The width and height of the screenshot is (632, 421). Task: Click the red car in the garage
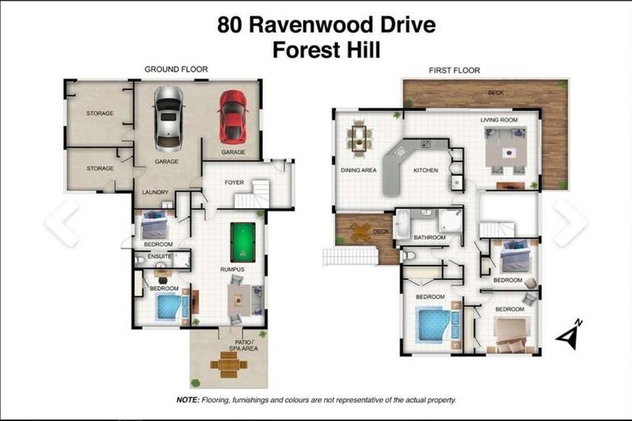coord(233,117)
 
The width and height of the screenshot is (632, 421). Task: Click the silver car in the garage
coord(168,118)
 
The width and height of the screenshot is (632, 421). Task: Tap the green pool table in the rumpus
coord(244,242)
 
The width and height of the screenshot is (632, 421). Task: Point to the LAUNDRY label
coord(155,192)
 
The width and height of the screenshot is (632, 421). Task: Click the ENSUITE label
coord(160,257)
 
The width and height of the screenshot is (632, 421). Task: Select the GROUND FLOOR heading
coord(176,70)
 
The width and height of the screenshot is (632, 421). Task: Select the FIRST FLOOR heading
coord(454,71)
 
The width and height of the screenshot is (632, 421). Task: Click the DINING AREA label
coord(358,170)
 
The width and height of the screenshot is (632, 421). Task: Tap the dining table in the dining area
coord(359,137)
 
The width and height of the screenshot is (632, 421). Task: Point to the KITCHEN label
coord(425,170)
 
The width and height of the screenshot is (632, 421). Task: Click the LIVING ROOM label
coord(499,120)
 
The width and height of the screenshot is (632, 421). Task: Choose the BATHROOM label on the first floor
coord(429,237)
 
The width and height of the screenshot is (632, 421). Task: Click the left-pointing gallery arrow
coord(63,222)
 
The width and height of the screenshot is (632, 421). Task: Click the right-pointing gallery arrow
coord(569,222)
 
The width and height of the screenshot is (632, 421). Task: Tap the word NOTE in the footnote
coord(187,400)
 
